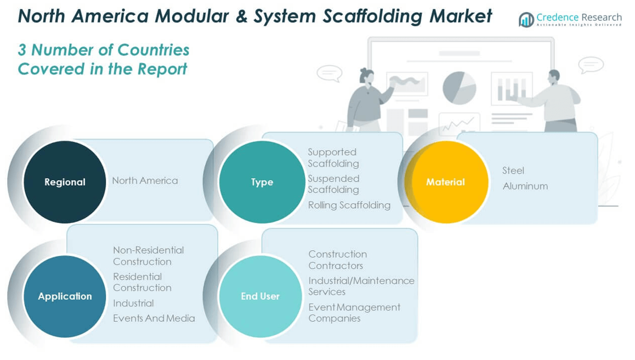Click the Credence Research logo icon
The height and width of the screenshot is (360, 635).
[526, 20]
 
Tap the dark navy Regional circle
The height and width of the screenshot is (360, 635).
[65, 182]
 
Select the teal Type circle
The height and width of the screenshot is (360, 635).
[262, 182]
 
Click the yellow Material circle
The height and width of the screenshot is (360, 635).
[445, 182]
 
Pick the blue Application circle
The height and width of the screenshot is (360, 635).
[65, 296]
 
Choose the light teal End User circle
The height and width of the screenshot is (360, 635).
[260, 296]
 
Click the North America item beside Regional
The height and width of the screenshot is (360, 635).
[145, 180]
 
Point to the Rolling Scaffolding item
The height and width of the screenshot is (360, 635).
[349, 205]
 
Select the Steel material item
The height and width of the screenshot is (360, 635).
[513, 170]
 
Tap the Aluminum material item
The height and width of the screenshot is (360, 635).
[525, 186]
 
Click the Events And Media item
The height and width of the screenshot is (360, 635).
[154, 318]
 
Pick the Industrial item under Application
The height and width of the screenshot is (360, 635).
[133, 303]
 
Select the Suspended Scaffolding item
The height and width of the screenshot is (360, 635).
[333, 184]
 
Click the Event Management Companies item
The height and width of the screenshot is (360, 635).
[354, 312]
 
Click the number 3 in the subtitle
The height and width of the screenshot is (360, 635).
[22, 50]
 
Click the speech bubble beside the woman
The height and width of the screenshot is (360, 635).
[329, 73]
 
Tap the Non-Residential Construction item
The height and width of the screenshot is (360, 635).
[148, 256]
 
